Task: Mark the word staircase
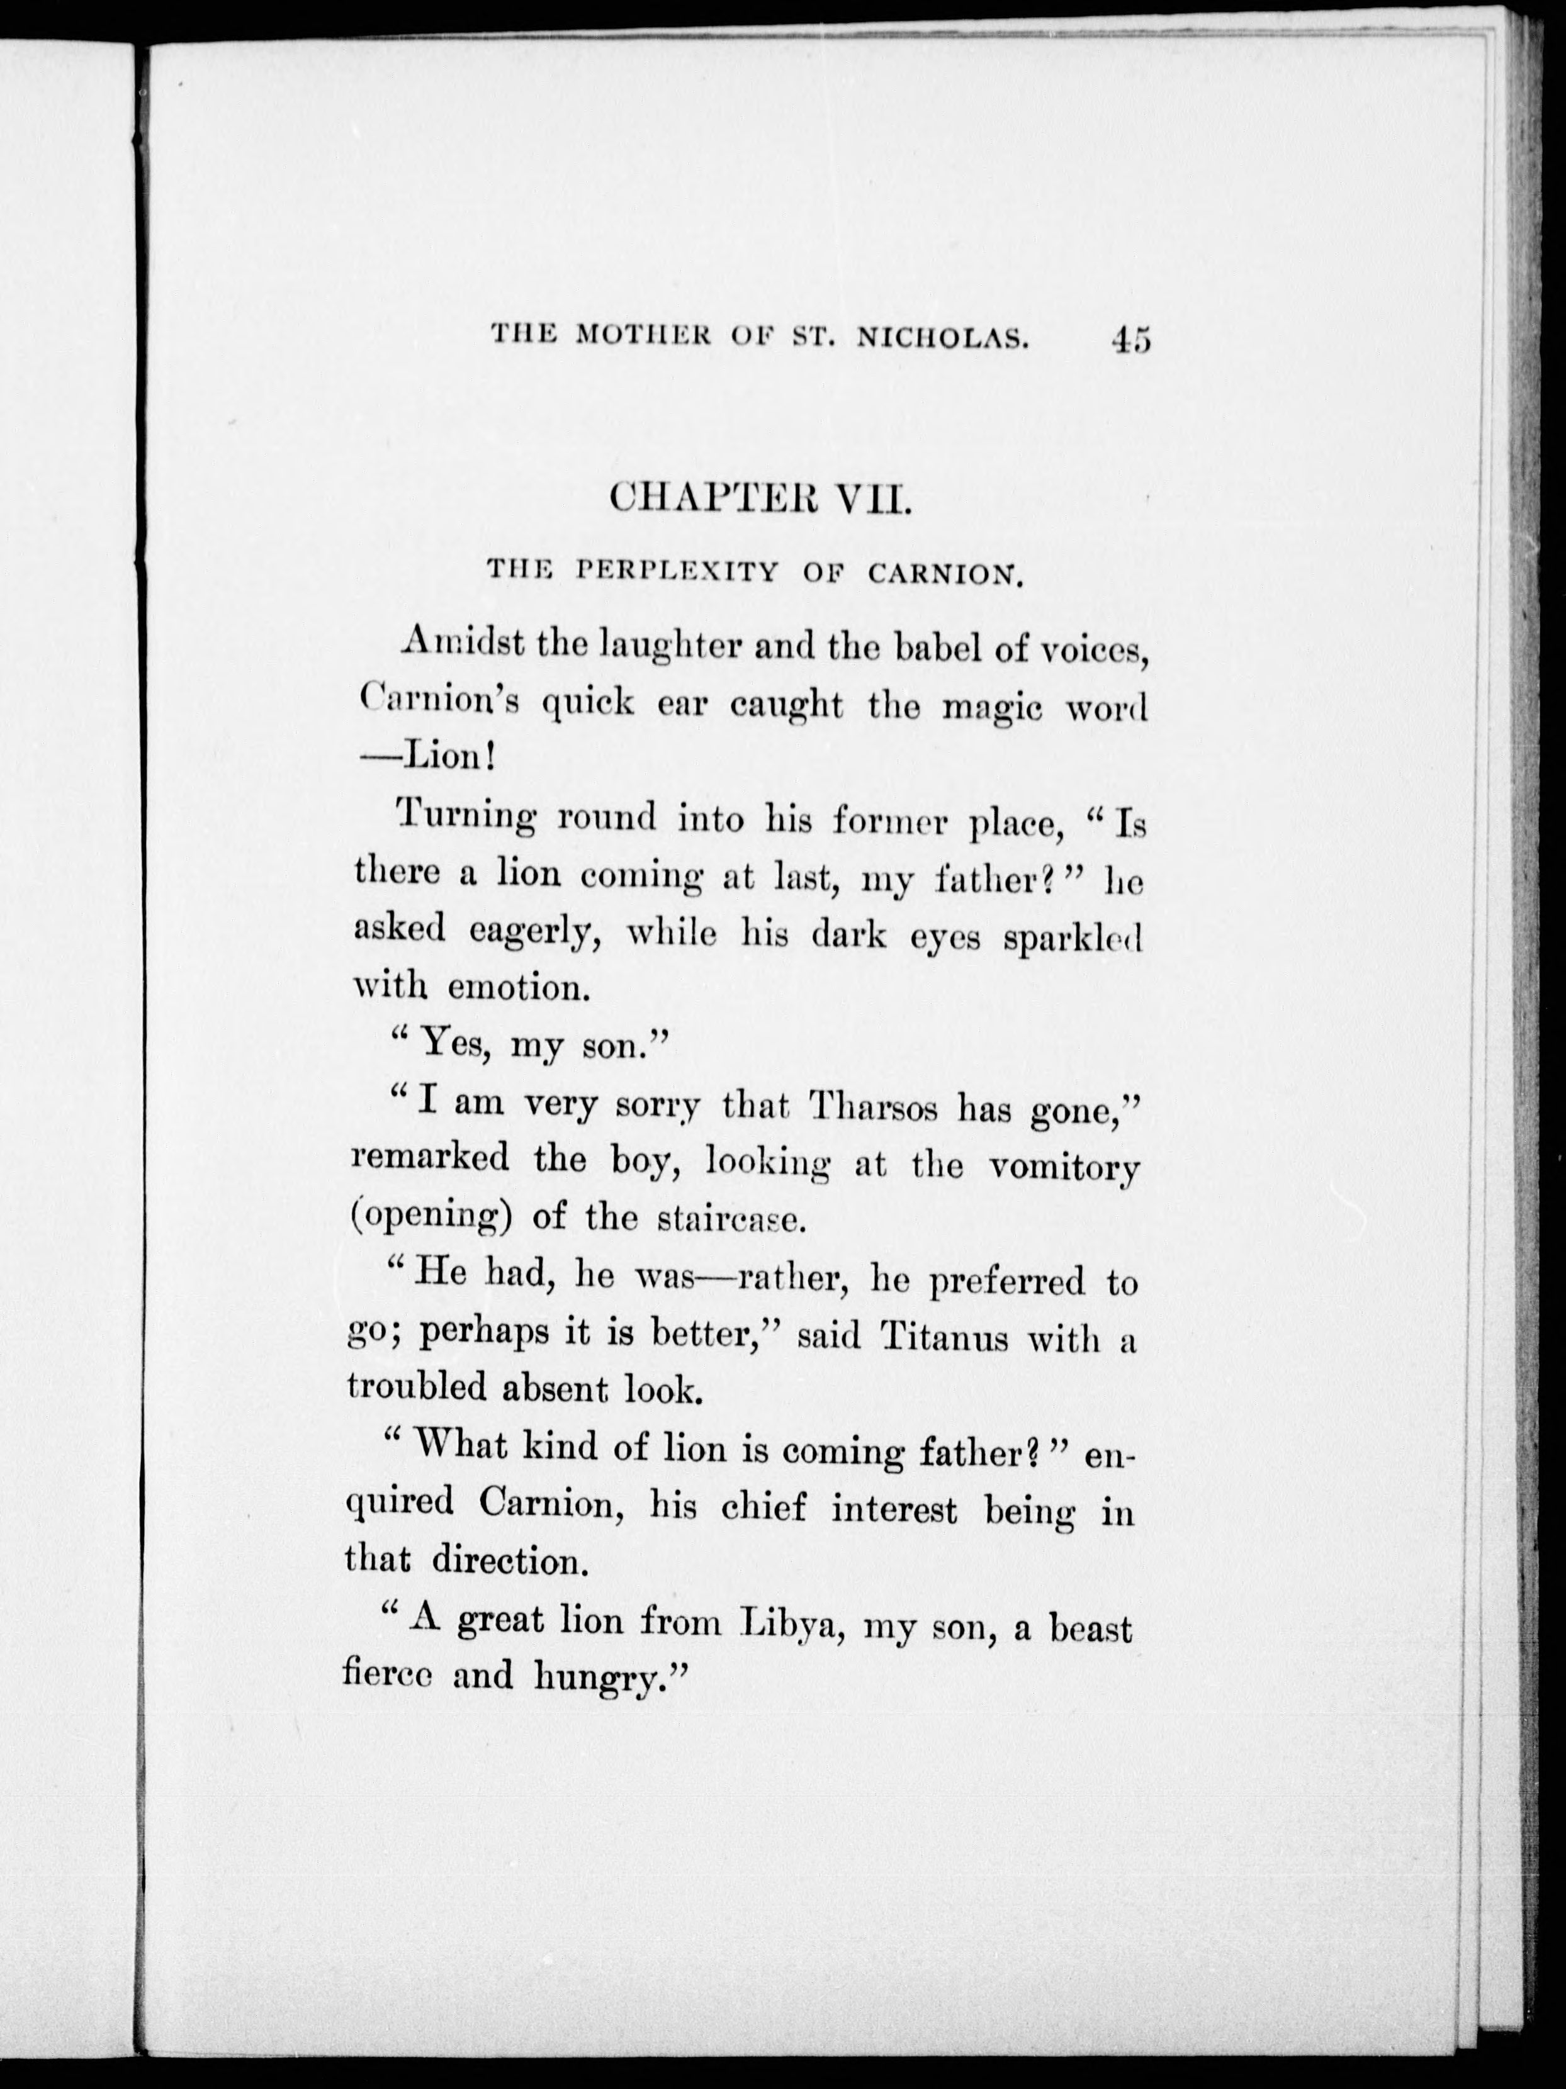point(730,1219)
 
